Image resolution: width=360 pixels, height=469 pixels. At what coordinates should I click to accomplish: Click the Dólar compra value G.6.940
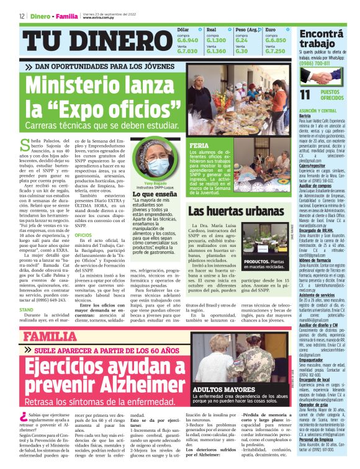[x=188, y=40]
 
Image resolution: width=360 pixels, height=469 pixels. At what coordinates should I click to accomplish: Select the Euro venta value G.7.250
[x=275, y=51]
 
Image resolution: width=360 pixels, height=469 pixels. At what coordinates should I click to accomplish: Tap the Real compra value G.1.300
[x=216, y=40]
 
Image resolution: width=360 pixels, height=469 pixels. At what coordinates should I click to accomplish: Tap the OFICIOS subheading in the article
[x=83, y=235]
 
